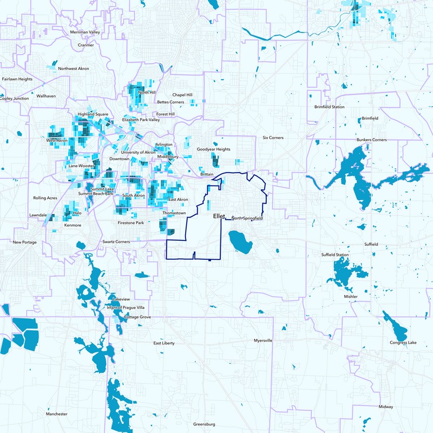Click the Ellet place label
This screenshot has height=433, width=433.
[x=219, y=216]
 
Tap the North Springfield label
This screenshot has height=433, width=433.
[x=247, y=218]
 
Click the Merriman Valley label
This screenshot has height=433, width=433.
[x=86, y=32]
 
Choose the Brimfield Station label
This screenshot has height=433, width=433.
[x=329, y=107]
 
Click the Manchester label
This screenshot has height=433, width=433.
[x=57, y=414]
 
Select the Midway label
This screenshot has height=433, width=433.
[x=386, y=406]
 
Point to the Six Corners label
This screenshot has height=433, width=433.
[x=273, y=138]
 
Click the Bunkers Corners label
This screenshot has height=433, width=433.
[x=371, y=140]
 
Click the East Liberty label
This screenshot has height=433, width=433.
[x=164, y=343]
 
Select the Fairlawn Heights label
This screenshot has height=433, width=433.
[x=17, y=79]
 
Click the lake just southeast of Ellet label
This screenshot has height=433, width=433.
[x=239, y=241]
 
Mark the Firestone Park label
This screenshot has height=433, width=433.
[x=130, y=223]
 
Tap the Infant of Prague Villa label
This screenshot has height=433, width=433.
[x=126, y=307]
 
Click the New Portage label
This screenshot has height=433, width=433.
[x=25, y=242]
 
